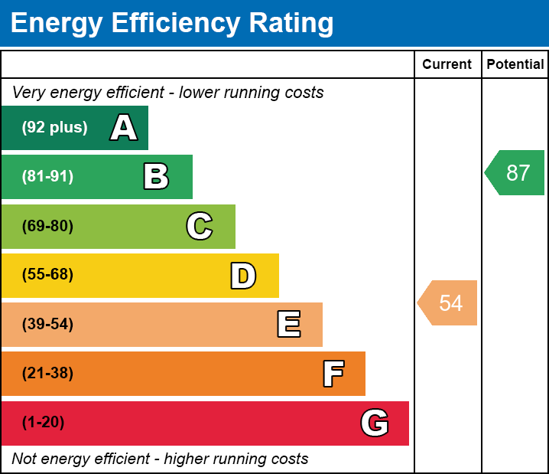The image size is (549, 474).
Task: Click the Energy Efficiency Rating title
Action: point(172,24)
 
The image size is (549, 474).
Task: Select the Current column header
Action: point(447,64)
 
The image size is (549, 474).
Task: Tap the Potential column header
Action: point(515,64)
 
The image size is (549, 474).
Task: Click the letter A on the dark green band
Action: point(124,128)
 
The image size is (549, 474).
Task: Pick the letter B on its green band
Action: point(156,177)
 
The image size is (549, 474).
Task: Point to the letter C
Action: point(200,226)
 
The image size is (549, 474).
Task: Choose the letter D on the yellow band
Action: point(243,276)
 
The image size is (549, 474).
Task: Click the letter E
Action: point(288,325)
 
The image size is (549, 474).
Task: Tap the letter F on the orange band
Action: point(333,374)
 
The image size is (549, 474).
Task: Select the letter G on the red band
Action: point(375,423)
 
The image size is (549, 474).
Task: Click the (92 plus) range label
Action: point(54,128)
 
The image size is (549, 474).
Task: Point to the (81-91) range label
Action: point(47,177)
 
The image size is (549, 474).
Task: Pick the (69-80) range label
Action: point(47,226)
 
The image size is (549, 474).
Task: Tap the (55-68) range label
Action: point(47,275)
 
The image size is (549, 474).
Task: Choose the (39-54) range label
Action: point(47,325)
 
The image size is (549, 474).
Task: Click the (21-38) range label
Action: point(47,374)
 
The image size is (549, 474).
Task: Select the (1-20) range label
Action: point(44,423)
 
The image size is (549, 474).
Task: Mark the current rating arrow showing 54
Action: point(449,302)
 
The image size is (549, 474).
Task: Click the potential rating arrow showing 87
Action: point(515,173)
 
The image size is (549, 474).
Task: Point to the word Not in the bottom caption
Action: point(24,459)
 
